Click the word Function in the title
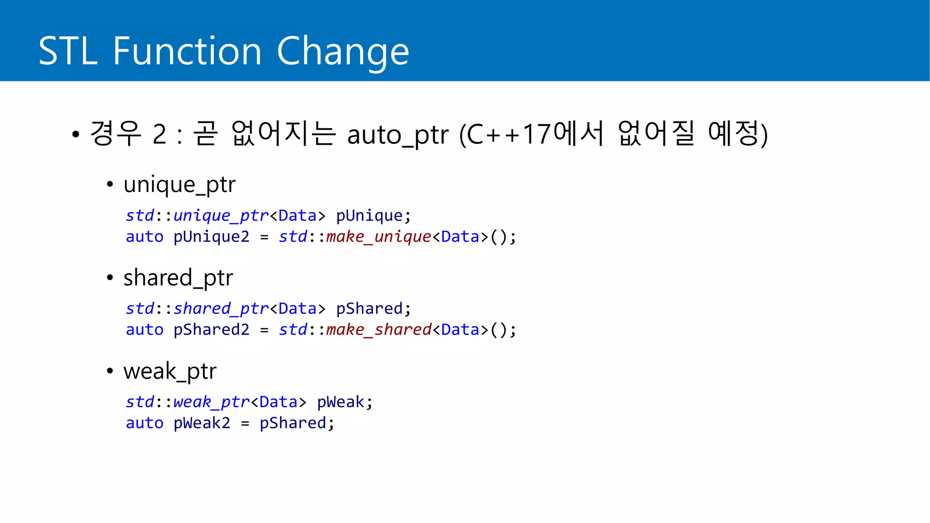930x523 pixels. pos(187,51)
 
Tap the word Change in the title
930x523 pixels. pos(343,51)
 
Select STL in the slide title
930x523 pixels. pos(68,51)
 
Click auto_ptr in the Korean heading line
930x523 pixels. pos(397,135)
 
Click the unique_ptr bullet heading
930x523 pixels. pos(179,185)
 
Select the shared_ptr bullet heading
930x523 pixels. pos(178,278)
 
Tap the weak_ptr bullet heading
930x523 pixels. pos(170,371)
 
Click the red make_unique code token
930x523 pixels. pos(378,237)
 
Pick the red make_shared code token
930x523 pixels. pos(378,330)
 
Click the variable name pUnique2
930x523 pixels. pos(211,237)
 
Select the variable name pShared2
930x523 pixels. pos(211,330)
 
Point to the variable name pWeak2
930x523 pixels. pos(202,423)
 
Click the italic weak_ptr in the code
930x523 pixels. pos(211,402)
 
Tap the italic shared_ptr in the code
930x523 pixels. pos(221,309)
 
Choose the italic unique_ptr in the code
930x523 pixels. pos(221,216)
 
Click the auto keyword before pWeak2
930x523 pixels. pos(144,423)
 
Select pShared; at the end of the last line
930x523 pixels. pos(297,423)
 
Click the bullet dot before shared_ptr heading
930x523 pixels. pos(109,278)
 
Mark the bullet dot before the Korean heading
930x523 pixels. pos(76,134)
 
